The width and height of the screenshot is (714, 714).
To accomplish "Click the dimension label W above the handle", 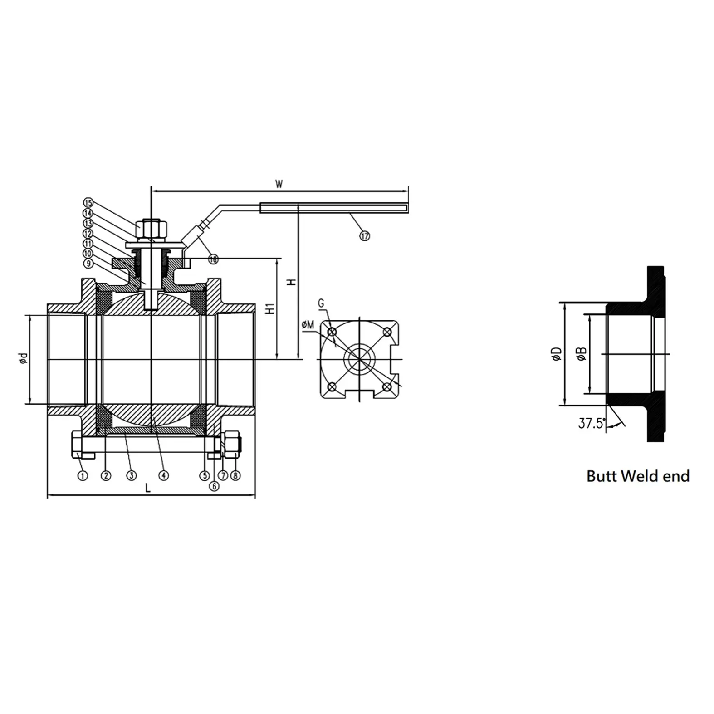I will (x=279, y=184).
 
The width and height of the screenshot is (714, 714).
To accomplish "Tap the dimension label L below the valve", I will (x=147, y=488).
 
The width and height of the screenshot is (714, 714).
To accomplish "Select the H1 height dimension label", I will (x=269, y=309).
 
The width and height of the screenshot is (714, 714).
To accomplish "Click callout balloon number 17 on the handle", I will (x=365, y=236).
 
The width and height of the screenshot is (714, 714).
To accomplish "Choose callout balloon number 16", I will (x=213, y=259).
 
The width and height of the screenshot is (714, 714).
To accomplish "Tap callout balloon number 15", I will (x=88, y=202).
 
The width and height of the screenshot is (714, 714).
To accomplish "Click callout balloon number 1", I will (x=83, y=475).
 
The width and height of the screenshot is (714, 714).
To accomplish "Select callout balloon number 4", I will (x=163, y=475).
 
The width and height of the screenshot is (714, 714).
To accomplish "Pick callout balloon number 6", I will (x=214, y=486).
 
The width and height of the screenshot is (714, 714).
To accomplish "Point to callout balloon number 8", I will (x=235, y=475).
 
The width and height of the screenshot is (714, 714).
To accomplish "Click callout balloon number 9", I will (x=88, y=263).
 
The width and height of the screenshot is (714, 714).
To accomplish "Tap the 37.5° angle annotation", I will (x=592, y=424).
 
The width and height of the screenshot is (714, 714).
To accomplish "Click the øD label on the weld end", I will (x=557, y=354).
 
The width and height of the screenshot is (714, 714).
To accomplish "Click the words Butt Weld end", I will (x=637, y=476).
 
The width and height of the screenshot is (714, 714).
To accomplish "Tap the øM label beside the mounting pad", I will (x=307, y=324).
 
